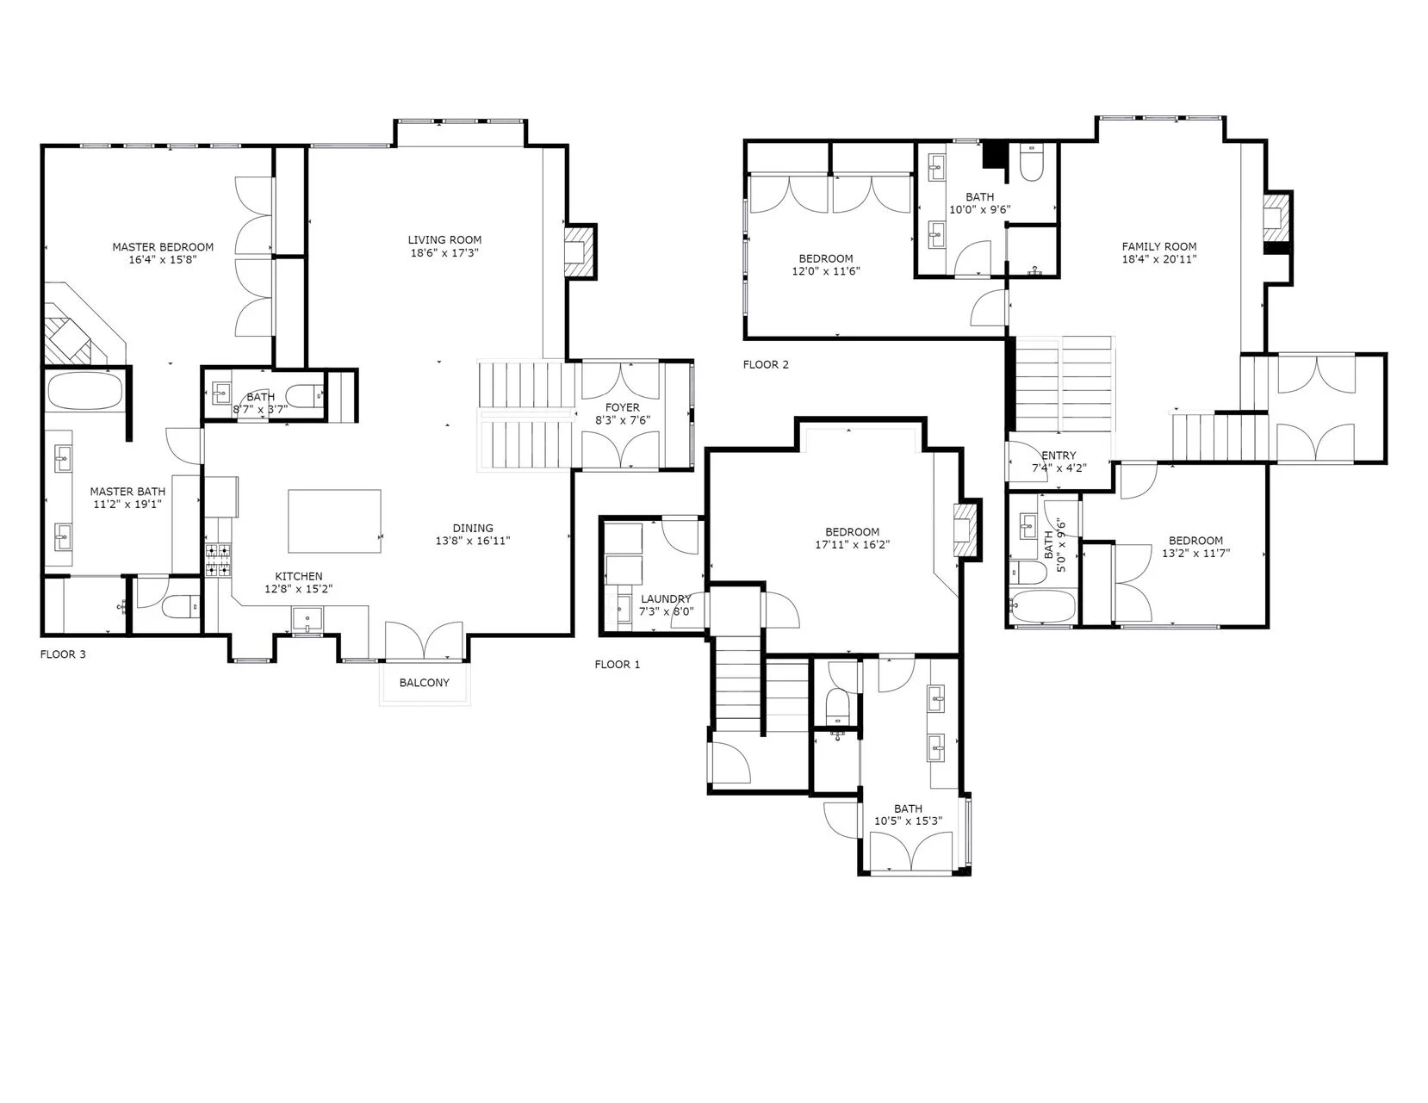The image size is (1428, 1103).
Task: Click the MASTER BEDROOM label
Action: click(163, 247)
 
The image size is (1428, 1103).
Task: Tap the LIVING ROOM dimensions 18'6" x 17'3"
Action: click(445, 253)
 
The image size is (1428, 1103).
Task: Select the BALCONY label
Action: click(425, 683)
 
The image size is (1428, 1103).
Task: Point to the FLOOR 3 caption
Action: click(63, 654)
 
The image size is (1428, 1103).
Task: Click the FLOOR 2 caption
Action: click(766, 364)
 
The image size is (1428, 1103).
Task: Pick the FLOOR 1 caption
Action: click(617, 664)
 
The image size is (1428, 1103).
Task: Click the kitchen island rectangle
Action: click(334, 521)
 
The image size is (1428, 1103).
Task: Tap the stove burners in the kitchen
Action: click(218, 561)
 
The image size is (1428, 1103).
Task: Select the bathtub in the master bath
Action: click(84, 392)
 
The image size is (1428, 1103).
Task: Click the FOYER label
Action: click(623, 407)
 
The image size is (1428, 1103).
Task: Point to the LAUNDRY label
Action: click(666, 598)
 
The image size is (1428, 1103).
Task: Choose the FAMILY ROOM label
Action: click(1159, 246)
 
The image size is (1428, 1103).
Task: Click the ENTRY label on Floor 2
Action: click(1059, 455)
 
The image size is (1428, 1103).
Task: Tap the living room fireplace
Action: click(581, 252)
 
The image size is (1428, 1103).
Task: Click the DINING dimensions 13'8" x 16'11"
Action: click(473, 542)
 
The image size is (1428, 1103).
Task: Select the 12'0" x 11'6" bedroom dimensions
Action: click(826, 270)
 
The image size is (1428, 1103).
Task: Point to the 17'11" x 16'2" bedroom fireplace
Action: click(967, 530)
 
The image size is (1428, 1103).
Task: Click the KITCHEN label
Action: click(299, 576)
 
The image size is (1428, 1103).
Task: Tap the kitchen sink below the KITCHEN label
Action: click(307, 619)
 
